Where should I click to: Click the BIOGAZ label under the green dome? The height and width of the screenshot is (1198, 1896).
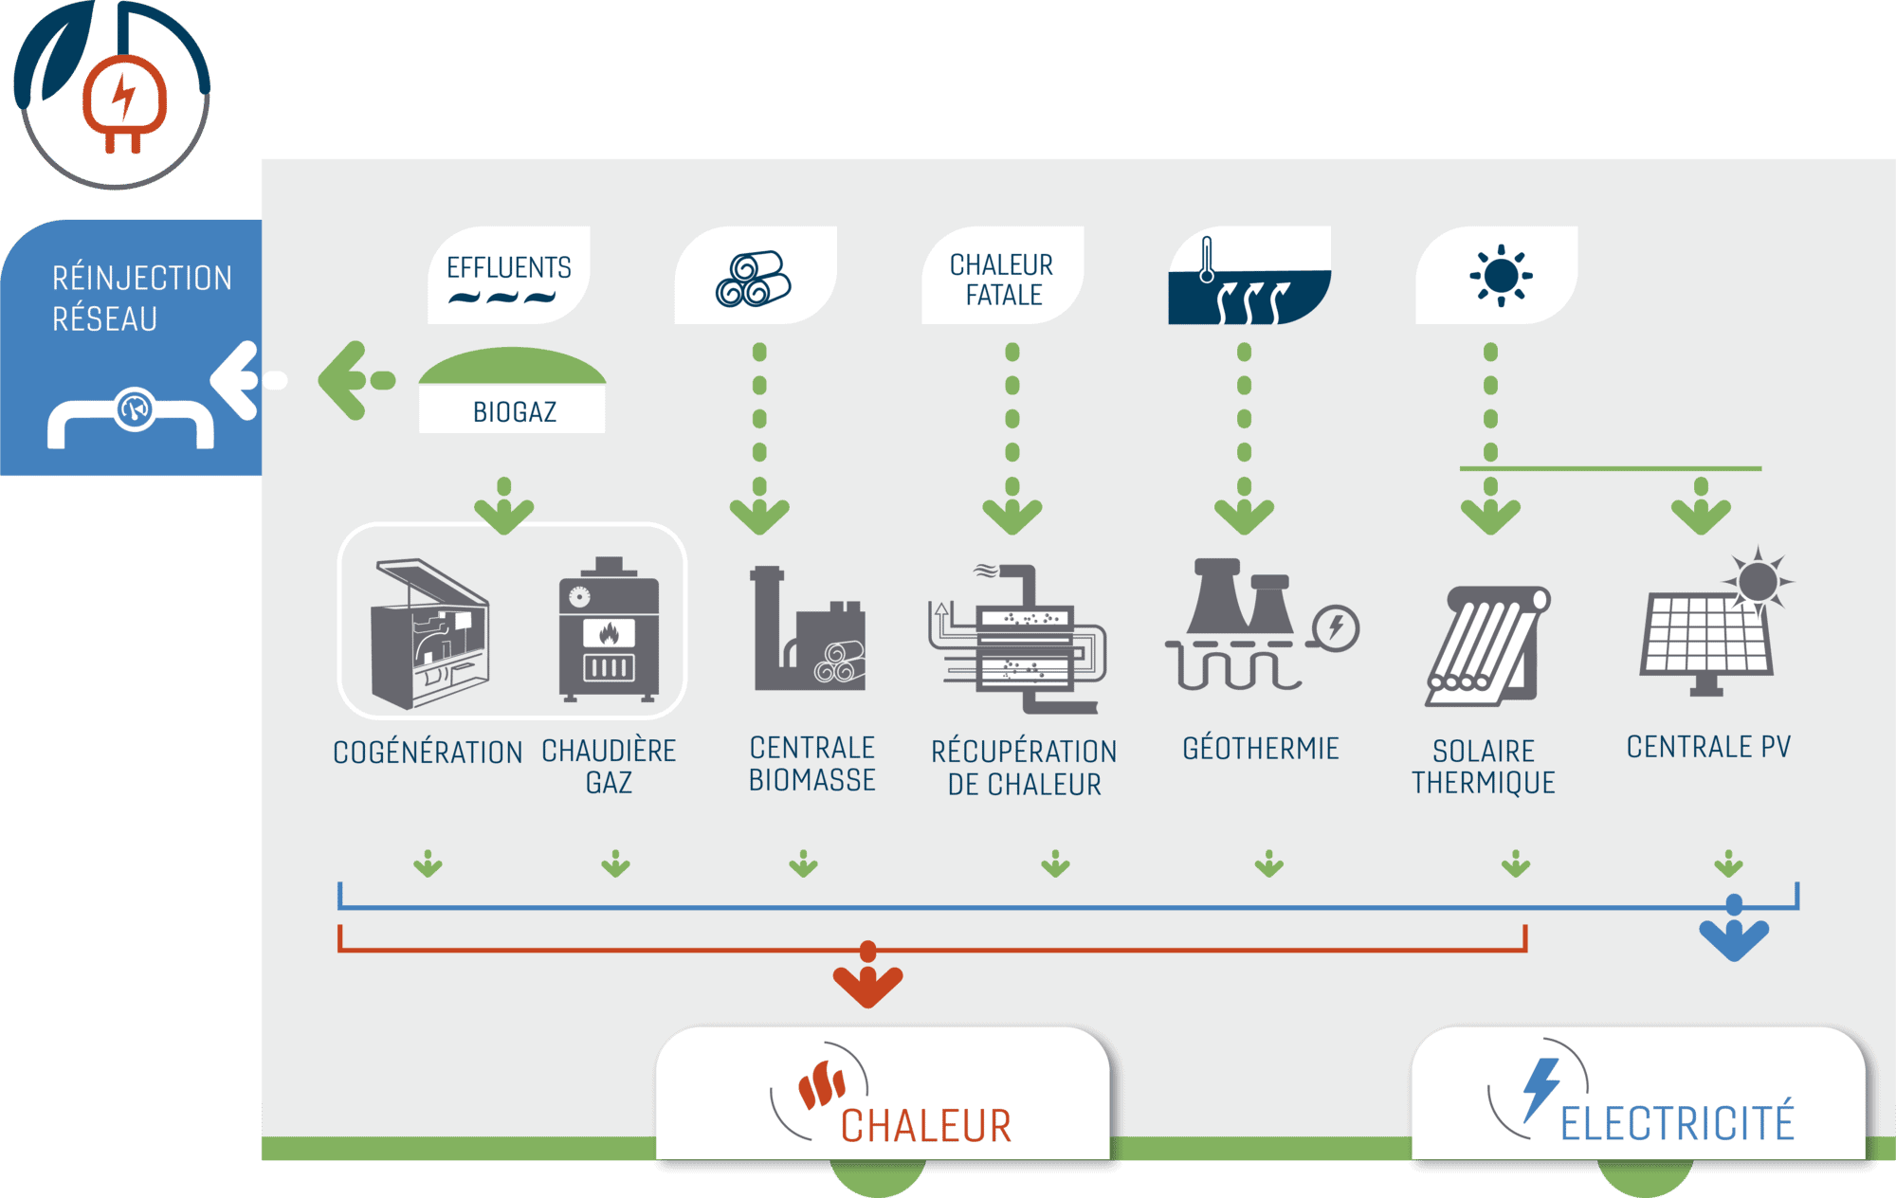(x=514, y=412)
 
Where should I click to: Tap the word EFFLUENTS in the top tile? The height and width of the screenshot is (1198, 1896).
(x=509, y=267)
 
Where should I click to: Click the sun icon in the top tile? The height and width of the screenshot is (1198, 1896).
(x=1501, y=276)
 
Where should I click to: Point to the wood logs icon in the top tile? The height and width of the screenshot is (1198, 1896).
(x=753, y=279)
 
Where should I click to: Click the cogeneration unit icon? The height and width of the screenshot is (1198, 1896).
(x=430, y=633)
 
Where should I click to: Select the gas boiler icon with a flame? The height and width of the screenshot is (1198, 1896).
(x=609, y=630)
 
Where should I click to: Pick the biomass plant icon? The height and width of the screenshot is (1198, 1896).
(x=809, y=629)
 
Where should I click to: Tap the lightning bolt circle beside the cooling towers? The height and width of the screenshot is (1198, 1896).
(x=1336, y=627)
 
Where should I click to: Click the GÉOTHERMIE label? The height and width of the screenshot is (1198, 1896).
(x=1260, y=749)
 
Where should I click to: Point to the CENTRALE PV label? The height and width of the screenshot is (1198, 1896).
(x=1708, y=747)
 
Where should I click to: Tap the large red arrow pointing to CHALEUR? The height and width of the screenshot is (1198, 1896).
(x=867, y=981)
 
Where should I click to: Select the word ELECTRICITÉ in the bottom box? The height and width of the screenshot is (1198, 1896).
(x=1676, y=1123)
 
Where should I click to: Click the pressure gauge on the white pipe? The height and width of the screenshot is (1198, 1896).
(x=135, y=409)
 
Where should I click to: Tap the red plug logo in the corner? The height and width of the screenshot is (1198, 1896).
(x=124, y=100)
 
